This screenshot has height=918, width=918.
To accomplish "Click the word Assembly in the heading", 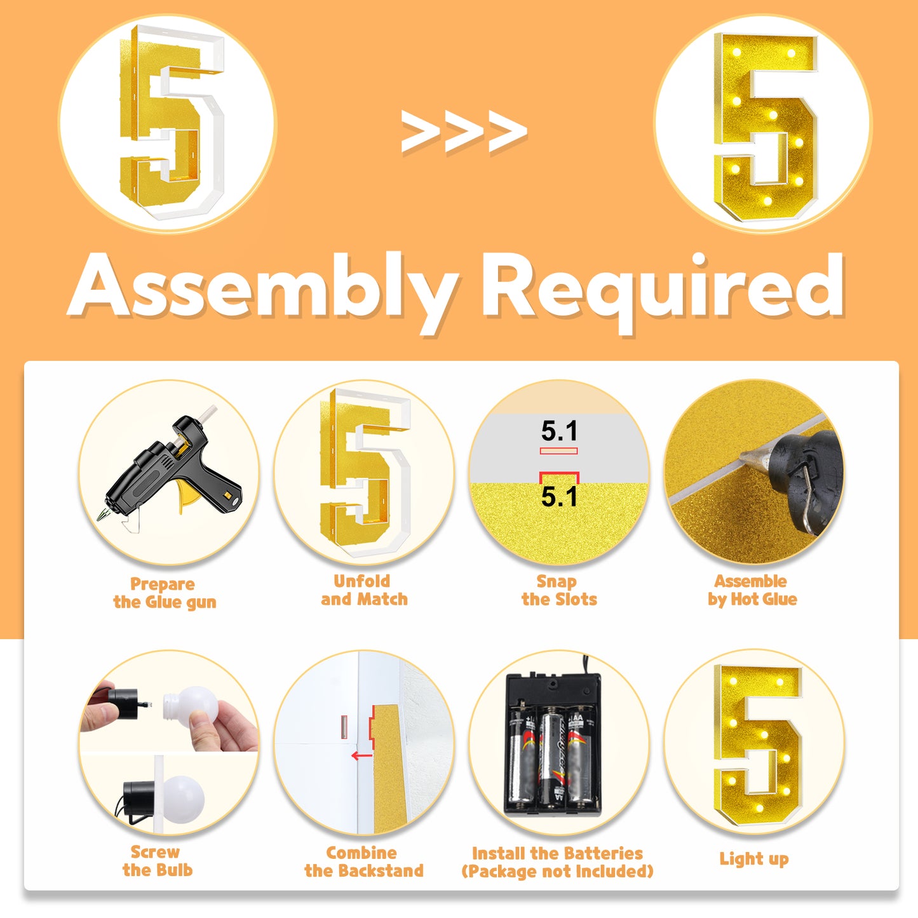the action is click(x=264, y=292).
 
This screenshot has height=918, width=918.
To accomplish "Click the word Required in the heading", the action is click(x=663, y=292).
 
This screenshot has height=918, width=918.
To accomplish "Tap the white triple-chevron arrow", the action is click(x=464, y=131).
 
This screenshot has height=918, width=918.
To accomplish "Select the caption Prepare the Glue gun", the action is click(x=165, y=593).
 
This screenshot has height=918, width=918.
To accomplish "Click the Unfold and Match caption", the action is click(x=364, y=590).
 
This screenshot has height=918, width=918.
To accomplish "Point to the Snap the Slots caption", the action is click(x=559, y=590).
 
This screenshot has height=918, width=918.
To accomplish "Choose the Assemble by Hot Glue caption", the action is click(x=752, y=590).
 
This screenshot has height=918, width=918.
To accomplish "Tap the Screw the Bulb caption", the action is click(x=157, y=861).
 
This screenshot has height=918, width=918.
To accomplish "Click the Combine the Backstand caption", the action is click(x=364, y=861).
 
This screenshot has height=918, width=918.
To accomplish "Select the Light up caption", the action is click(x=754, y=859).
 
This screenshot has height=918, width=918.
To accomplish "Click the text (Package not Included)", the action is click(x=557, y=872).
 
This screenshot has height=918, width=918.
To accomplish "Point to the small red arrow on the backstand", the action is click(x=361, y=756).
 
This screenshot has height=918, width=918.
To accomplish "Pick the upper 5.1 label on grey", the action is click(x=559, y=431).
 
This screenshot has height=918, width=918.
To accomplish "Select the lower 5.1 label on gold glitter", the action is click(x=559, y=497).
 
